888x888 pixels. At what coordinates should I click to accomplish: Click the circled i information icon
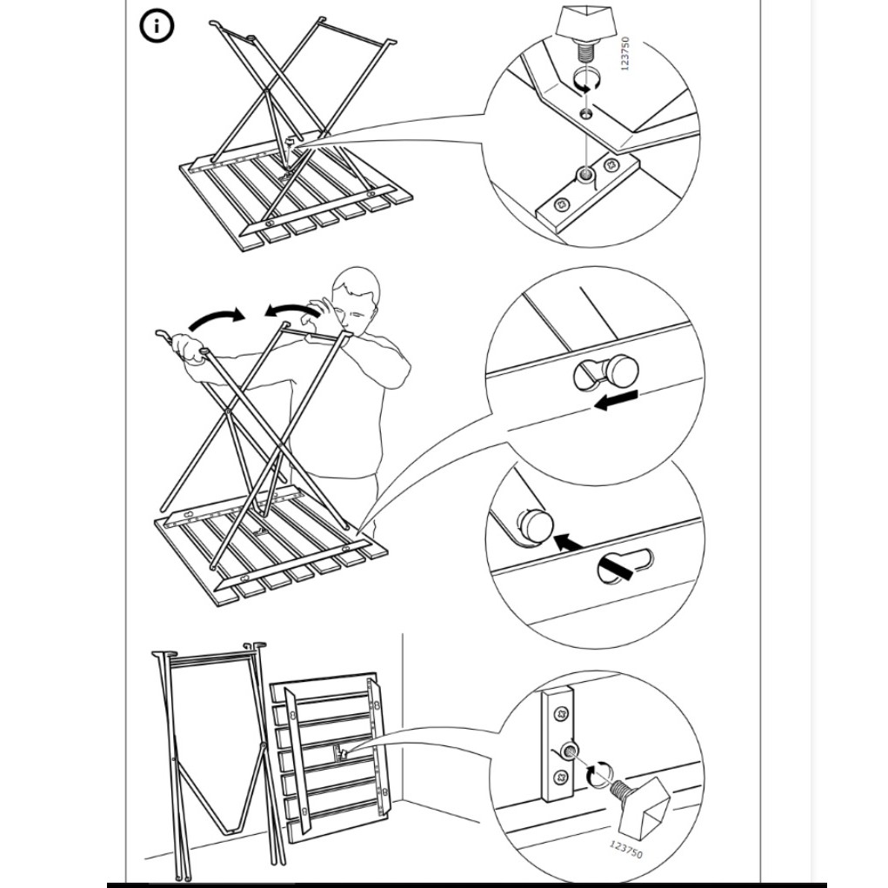coord(157,26)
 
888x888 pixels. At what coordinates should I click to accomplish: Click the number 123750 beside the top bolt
coord(625,54)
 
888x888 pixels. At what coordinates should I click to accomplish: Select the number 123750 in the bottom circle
coord(626,849)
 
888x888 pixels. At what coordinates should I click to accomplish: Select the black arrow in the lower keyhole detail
coord(570,543)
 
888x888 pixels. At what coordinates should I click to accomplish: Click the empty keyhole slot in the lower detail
coord(625,566)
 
